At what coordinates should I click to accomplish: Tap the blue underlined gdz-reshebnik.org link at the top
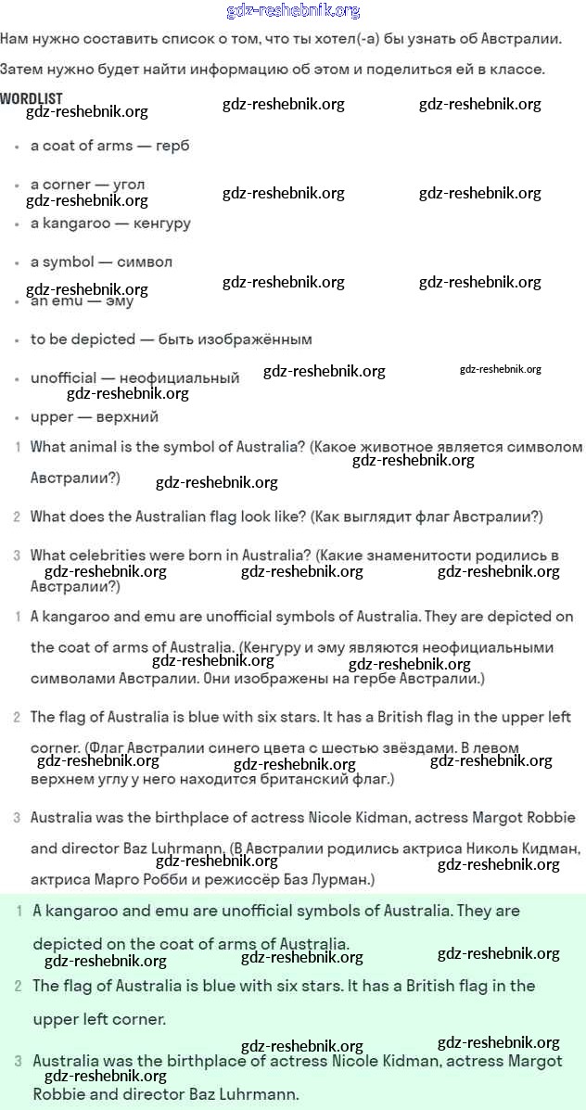[x=293, y=11]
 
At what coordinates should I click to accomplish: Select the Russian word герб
[x=172, y=146]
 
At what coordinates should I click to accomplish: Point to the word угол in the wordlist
[x=129, y=185]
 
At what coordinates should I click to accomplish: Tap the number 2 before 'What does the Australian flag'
[x=17, y=517]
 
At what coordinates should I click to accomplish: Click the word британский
[x=319, y=780]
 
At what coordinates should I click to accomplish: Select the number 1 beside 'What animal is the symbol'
[x=17, y=447]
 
